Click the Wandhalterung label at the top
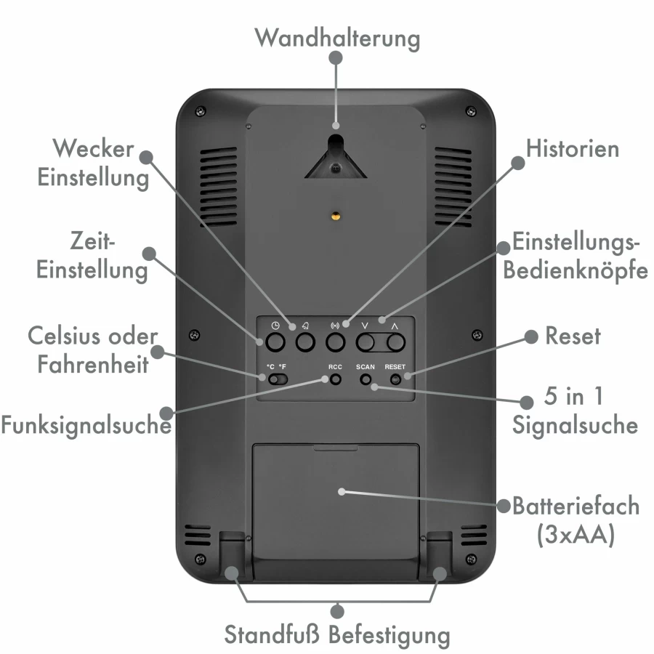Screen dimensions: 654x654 point(337,39)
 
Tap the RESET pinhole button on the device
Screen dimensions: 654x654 point(395,379)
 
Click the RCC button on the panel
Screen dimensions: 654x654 point(335,379)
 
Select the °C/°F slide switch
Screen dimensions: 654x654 point(278,379)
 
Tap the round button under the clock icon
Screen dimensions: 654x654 point(275,342)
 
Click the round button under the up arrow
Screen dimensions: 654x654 point(395,342)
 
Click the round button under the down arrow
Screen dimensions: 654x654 point(366,342)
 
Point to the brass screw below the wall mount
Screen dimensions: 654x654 point(336,216)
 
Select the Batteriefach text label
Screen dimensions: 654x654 point(576,506)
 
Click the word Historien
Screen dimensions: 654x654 point(573,148)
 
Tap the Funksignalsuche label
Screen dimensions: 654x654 point(86,425)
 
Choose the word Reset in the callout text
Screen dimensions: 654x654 point(573,336)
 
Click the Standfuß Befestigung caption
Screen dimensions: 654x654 point(337,635)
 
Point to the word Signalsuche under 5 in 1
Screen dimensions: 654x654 point(576,425)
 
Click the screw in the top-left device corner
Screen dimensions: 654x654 point(201,111)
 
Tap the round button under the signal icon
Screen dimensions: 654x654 point(335,342)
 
